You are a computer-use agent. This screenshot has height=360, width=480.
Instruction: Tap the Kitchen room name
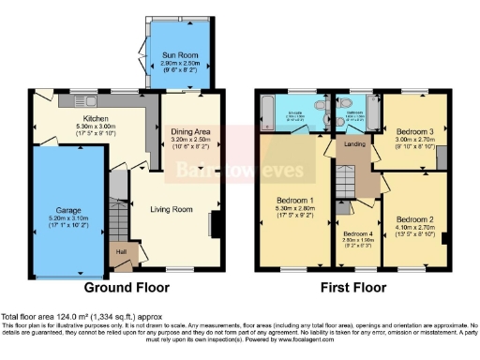click(97, 119)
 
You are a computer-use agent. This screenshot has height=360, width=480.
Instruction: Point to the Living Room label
click(171, 209)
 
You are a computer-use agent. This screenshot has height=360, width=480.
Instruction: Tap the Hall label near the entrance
click(121, 250)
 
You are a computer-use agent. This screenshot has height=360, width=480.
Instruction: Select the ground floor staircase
click(118, 222)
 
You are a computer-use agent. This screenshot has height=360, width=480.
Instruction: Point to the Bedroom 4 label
click(357, 234)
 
